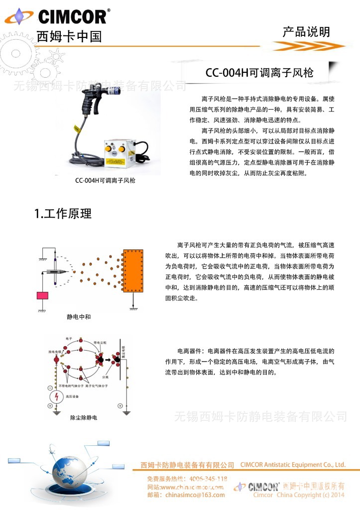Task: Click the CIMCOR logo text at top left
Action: (x=72, y=17)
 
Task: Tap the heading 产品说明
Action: (x=306, y=32)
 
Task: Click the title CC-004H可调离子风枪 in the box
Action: (x=259, y=73)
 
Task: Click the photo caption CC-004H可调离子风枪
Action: (x=105, y=180)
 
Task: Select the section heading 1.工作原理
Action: (x=63, y=214)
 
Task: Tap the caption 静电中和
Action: (x=79, y=316)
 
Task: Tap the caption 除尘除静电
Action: (x=84, y=418)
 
